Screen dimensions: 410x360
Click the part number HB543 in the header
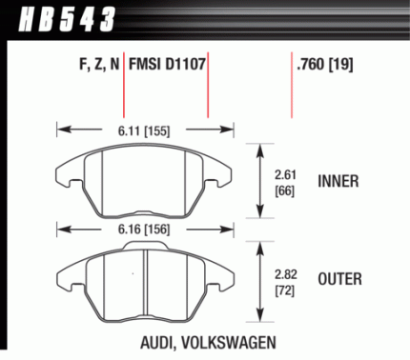click(x=67, y=20)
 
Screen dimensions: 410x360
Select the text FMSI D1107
click(x=167, y=64)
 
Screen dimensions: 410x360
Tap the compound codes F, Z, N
click(x=99, y=65)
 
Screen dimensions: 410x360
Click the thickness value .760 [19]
click(x=324, y=65)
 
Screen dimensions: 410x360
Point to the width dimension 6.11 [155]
click(x=144, y=130)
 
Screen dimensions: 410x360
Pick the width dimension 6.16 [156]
click(x=144, y=230)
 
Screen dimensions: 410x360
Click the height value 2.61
click(x=285, y=174)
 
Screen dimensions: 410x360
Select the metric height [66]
click(x=285, y=191)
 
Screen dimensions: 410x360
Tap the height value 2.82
click(x=286, y=274)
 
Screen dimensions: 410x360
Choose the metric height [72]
click(x=285, y=290)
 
